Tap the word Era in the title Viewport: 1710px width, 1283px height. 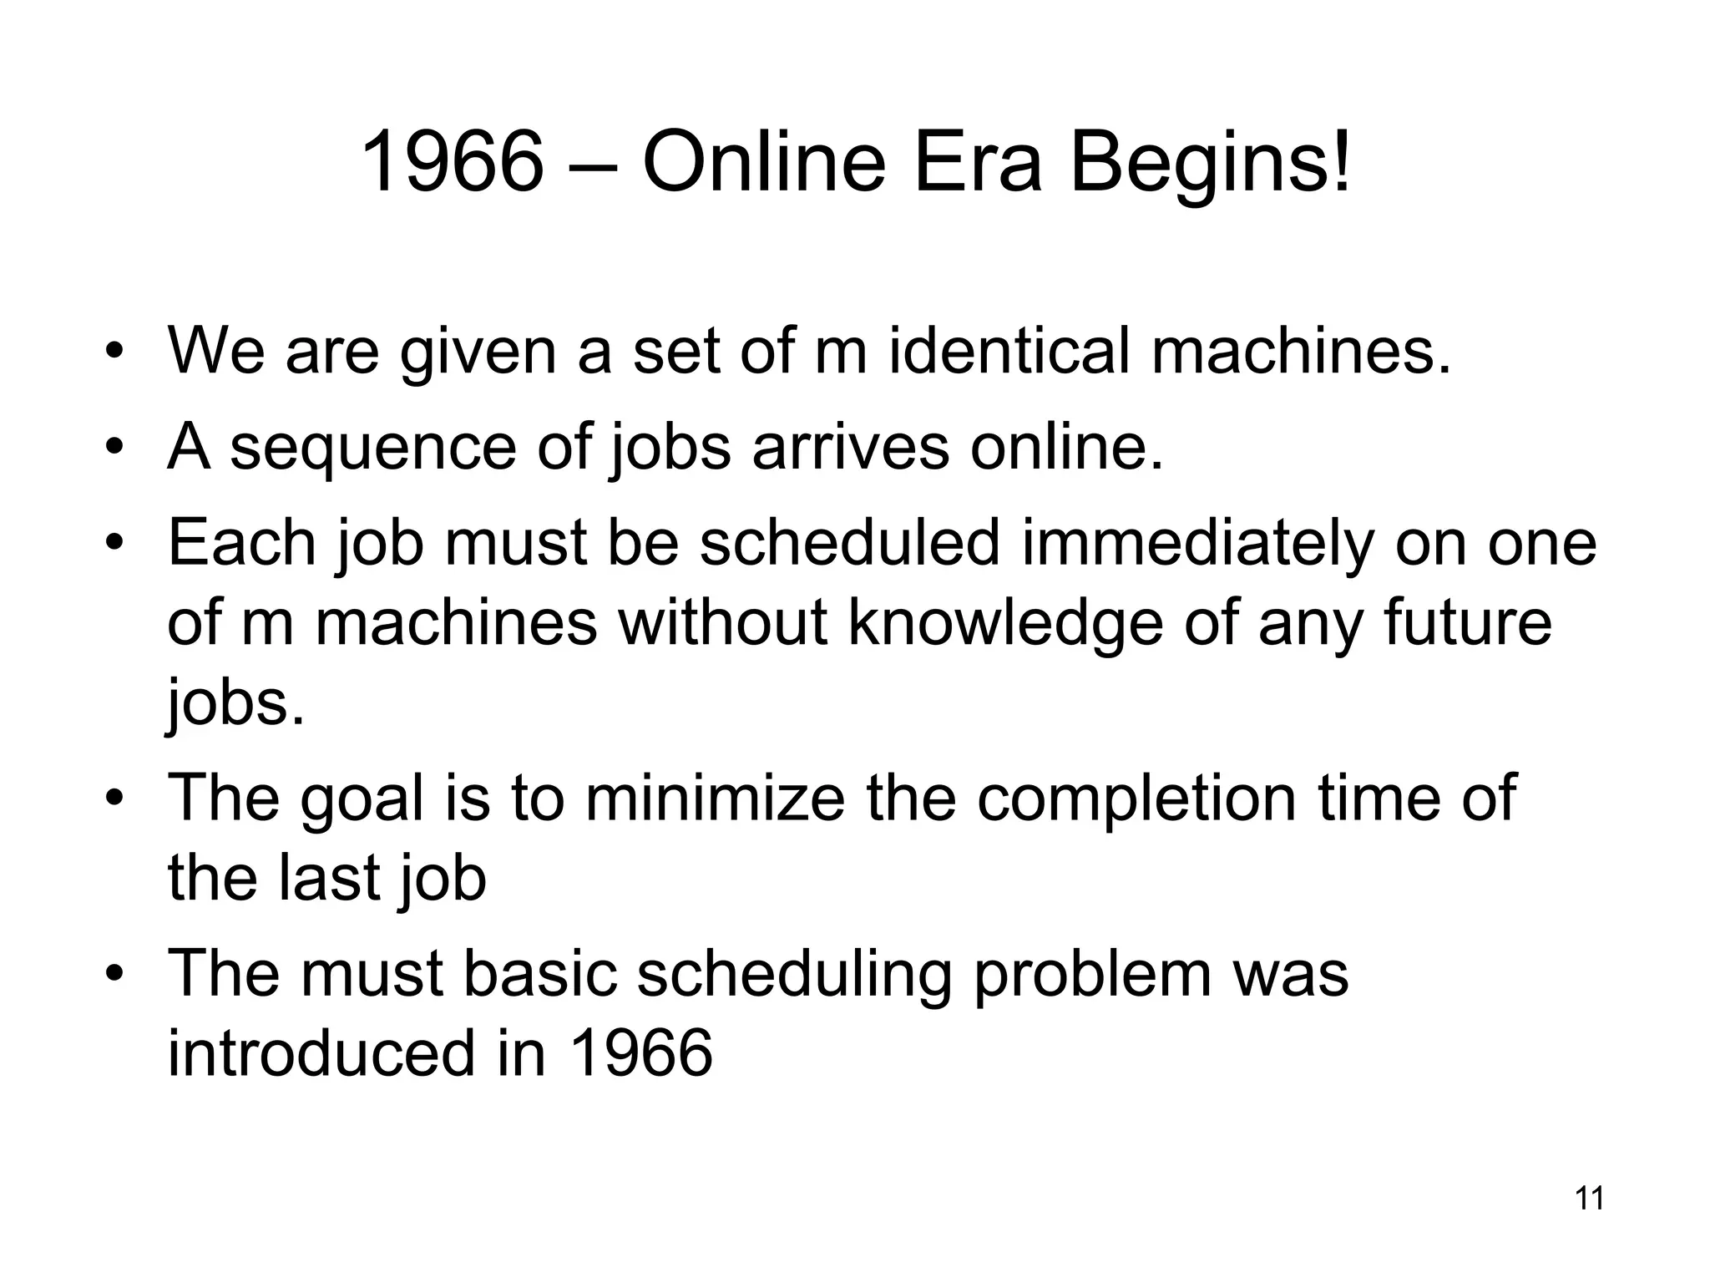click(978, 162)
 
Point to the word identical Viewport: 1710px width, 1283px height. click(1009, 350)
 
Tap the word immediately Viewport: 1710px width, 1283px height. click(1197, 543)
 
